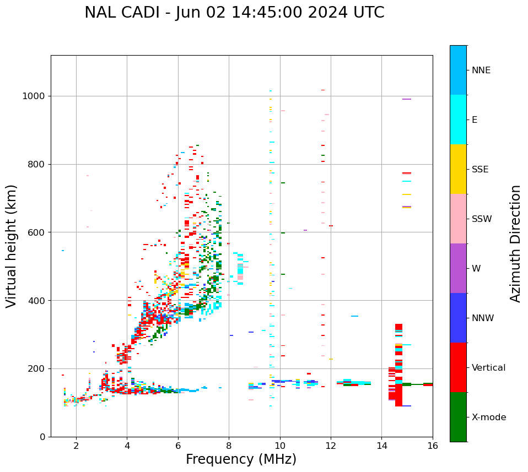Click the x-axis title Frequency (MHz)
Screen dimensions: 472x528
[x=241, y=459]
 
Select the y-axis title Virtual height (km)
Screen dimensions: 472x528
[x=12, y=246]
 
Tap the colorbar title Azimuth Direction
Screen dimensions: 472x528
[x=515, y=243]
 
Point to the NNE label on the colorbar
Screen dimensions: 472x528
[x=481, y=70]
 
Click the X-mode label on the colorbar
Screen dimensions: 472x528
[x=488, y=417]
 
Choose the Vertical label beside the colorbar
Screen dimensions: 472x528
[x=488, y=368]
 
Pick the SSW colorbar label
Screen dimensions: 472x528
[x=482, y=219]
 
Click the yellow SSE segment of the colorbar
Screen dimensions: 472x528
[x=458, y=169]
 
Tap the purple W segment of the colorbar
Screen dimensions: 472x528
[x=458, y=268]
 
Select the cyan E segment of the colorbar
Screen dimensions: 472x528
[x=458, y=120]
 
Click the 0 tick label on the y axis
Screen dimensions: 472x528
[x=42, y=437]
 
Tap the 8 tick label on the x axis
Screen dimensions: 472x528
[x=229, y=446]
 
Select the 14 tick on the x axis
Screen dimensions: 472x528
[x=381, y=446]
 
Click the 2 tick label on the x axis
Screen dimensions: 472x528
[x=76, y=446]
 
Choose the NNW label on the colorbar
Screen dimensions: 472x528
[x=483, y=318]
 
